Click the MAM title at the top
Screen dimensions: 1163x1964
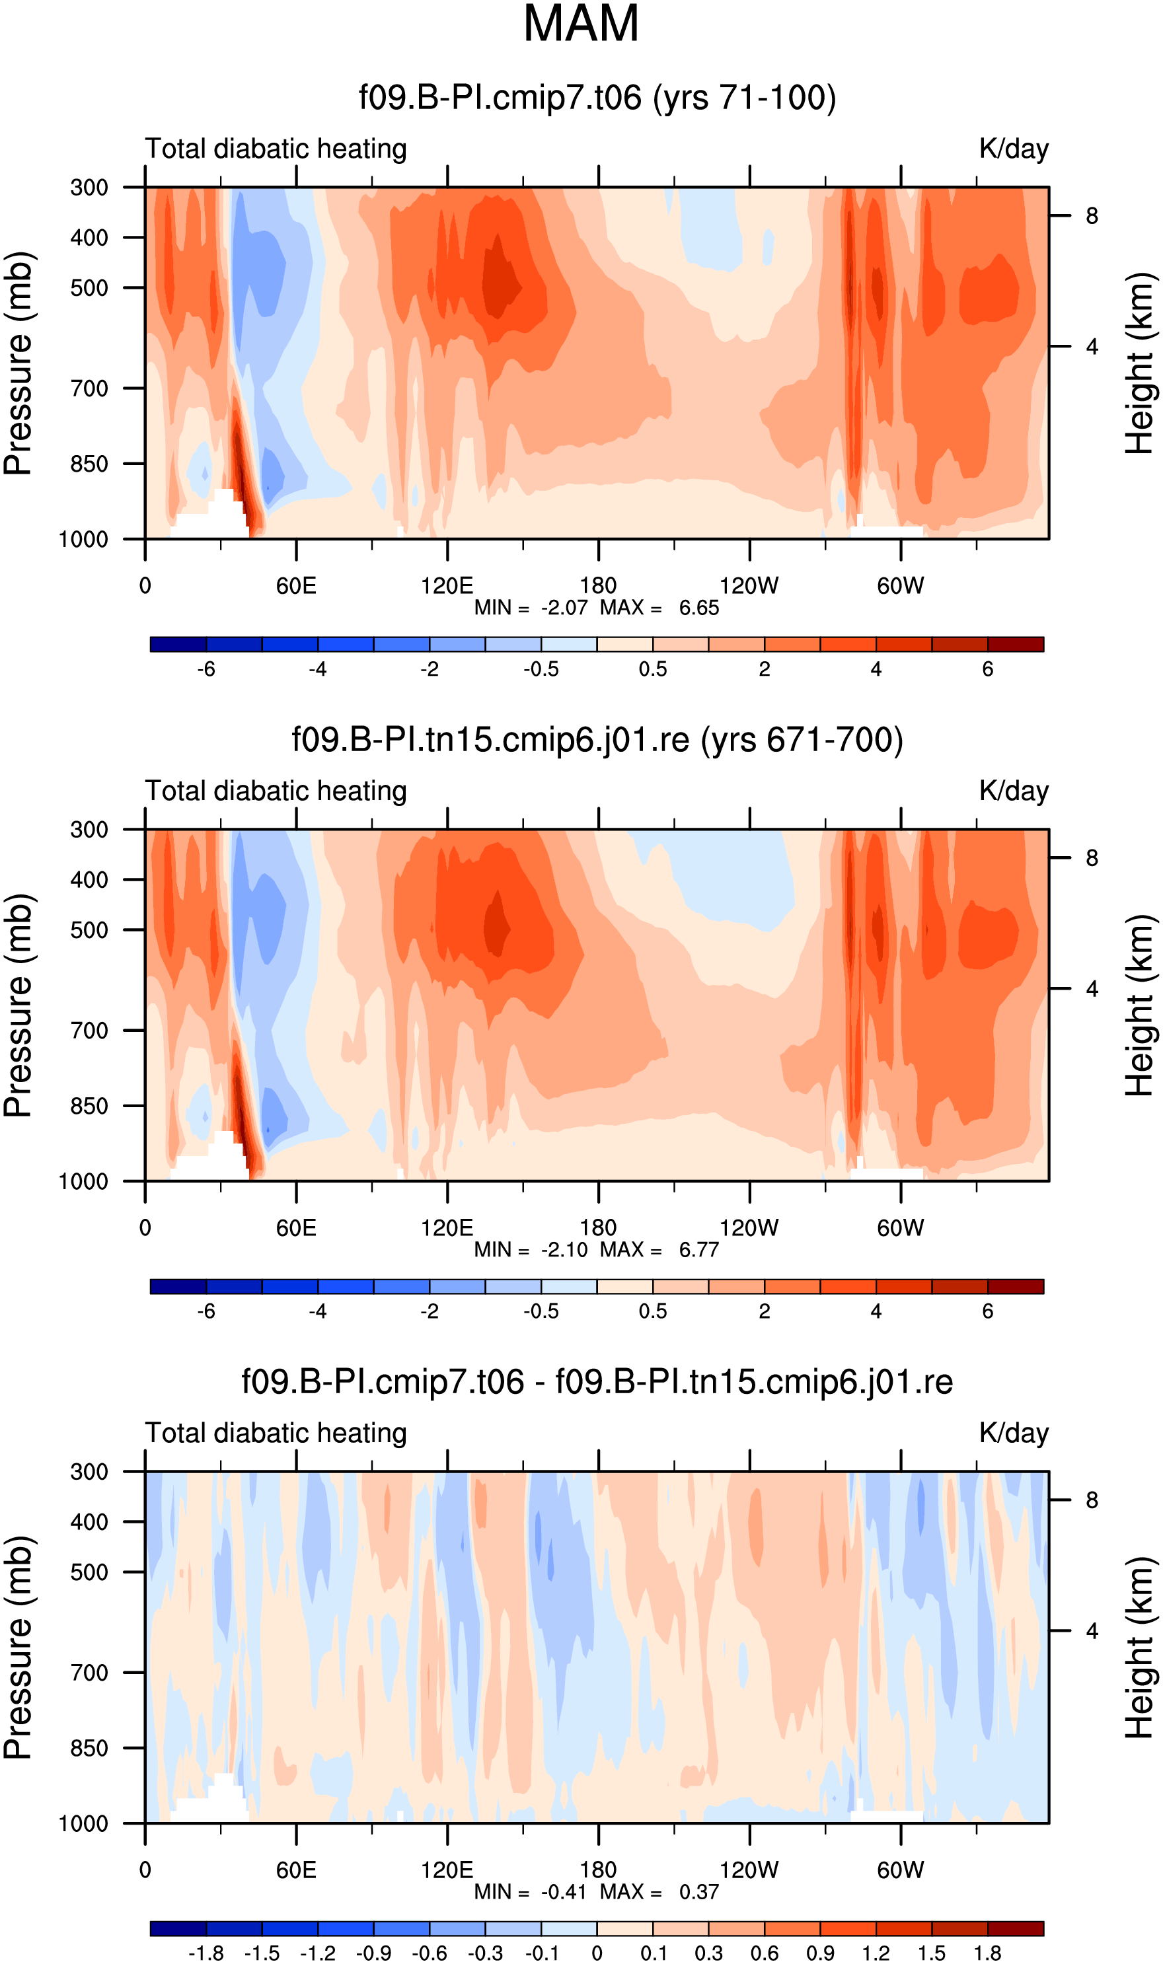(581, 24)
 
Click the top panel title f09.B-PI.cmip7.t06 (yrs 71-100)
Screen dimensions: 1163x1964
(597, 98)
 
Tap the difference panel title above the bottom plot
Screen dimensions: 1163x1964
(597, 1382)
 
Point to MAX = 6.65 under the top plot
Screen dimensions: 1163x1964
(659, 608)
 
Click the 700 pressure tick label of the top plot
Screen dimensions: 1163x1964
(89, 388)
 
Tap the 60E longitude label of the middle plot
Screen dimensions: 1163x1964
(296, 1227)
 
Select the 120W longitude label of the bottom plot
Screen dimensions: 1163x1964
(749, 1870)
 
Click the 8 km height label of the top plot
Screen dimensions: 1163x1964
(1092, 216)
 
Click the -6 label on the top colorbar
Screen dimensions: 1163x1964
(206, 670)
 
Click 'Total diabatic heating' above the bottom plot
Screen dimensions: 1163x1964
(276, 1434)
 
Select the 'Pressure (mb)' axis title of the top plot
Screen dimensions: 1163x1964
(18, 363)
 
